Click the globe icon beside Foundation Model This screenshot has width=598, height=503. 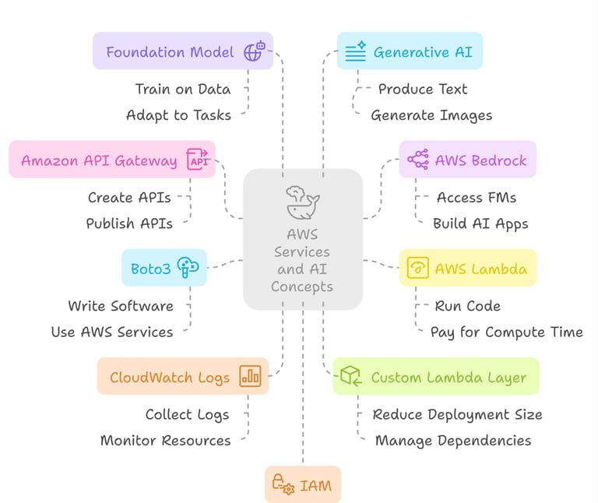point(254,52)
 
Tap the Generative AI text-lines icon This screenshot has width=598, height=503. point(355,52)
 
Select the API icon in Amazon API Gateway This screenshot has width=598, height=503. point(198,160)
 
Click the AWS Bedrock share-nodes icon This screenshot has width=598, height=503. point(417,160)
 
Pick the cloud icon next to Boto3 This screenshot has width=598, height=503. point(188,268)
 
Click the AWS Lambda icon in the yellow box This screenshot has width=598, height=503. point(418,269)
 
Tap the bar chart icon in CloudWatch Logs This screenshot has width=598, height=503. point(250,377)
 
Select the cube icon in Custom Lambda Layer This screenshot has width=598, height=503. point(351,377)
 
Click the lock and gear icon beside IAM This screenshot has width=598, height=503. point(282,486)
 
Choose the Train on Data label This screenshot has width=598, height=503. point(182,89)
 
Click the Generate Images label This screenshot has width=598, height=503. point(431,115)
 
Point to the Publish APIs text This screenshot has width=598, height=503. point(129,223)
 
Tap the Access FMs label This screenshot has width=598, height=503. point(477,198)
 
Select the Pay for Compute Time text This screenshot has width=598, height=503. point(506,332)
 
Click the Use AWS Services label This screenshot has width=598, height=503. point(112,332)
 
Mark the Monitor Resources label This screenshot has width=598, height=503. point(166,441)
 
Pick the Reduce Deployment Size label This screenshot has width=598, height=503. point(457,414)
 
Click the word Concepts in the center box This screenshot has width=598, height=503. point(302,287)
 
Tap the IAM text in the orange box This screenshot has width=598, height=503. point(315,487)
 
